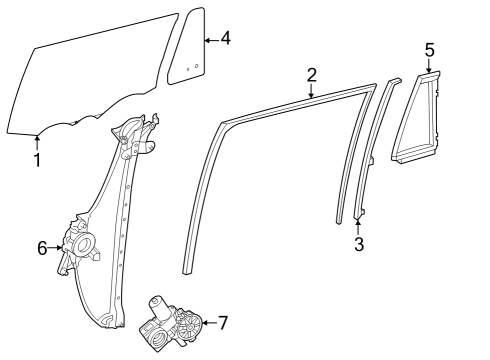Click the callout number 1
point(37,159)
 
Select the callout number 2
point(312,74)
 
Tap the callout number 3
point(358,242)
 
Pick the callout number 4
point(225,39)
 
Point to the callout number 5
point(429,48)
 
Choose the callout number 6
point(43,247)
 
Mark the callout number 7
point(223,322)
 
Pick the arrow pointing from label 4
point(211,39)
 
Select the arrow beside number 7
point(207,322)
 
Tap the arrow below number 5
point(429,65)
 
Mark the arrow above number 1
point(37,142)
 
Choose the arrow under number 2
point(312,90)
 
